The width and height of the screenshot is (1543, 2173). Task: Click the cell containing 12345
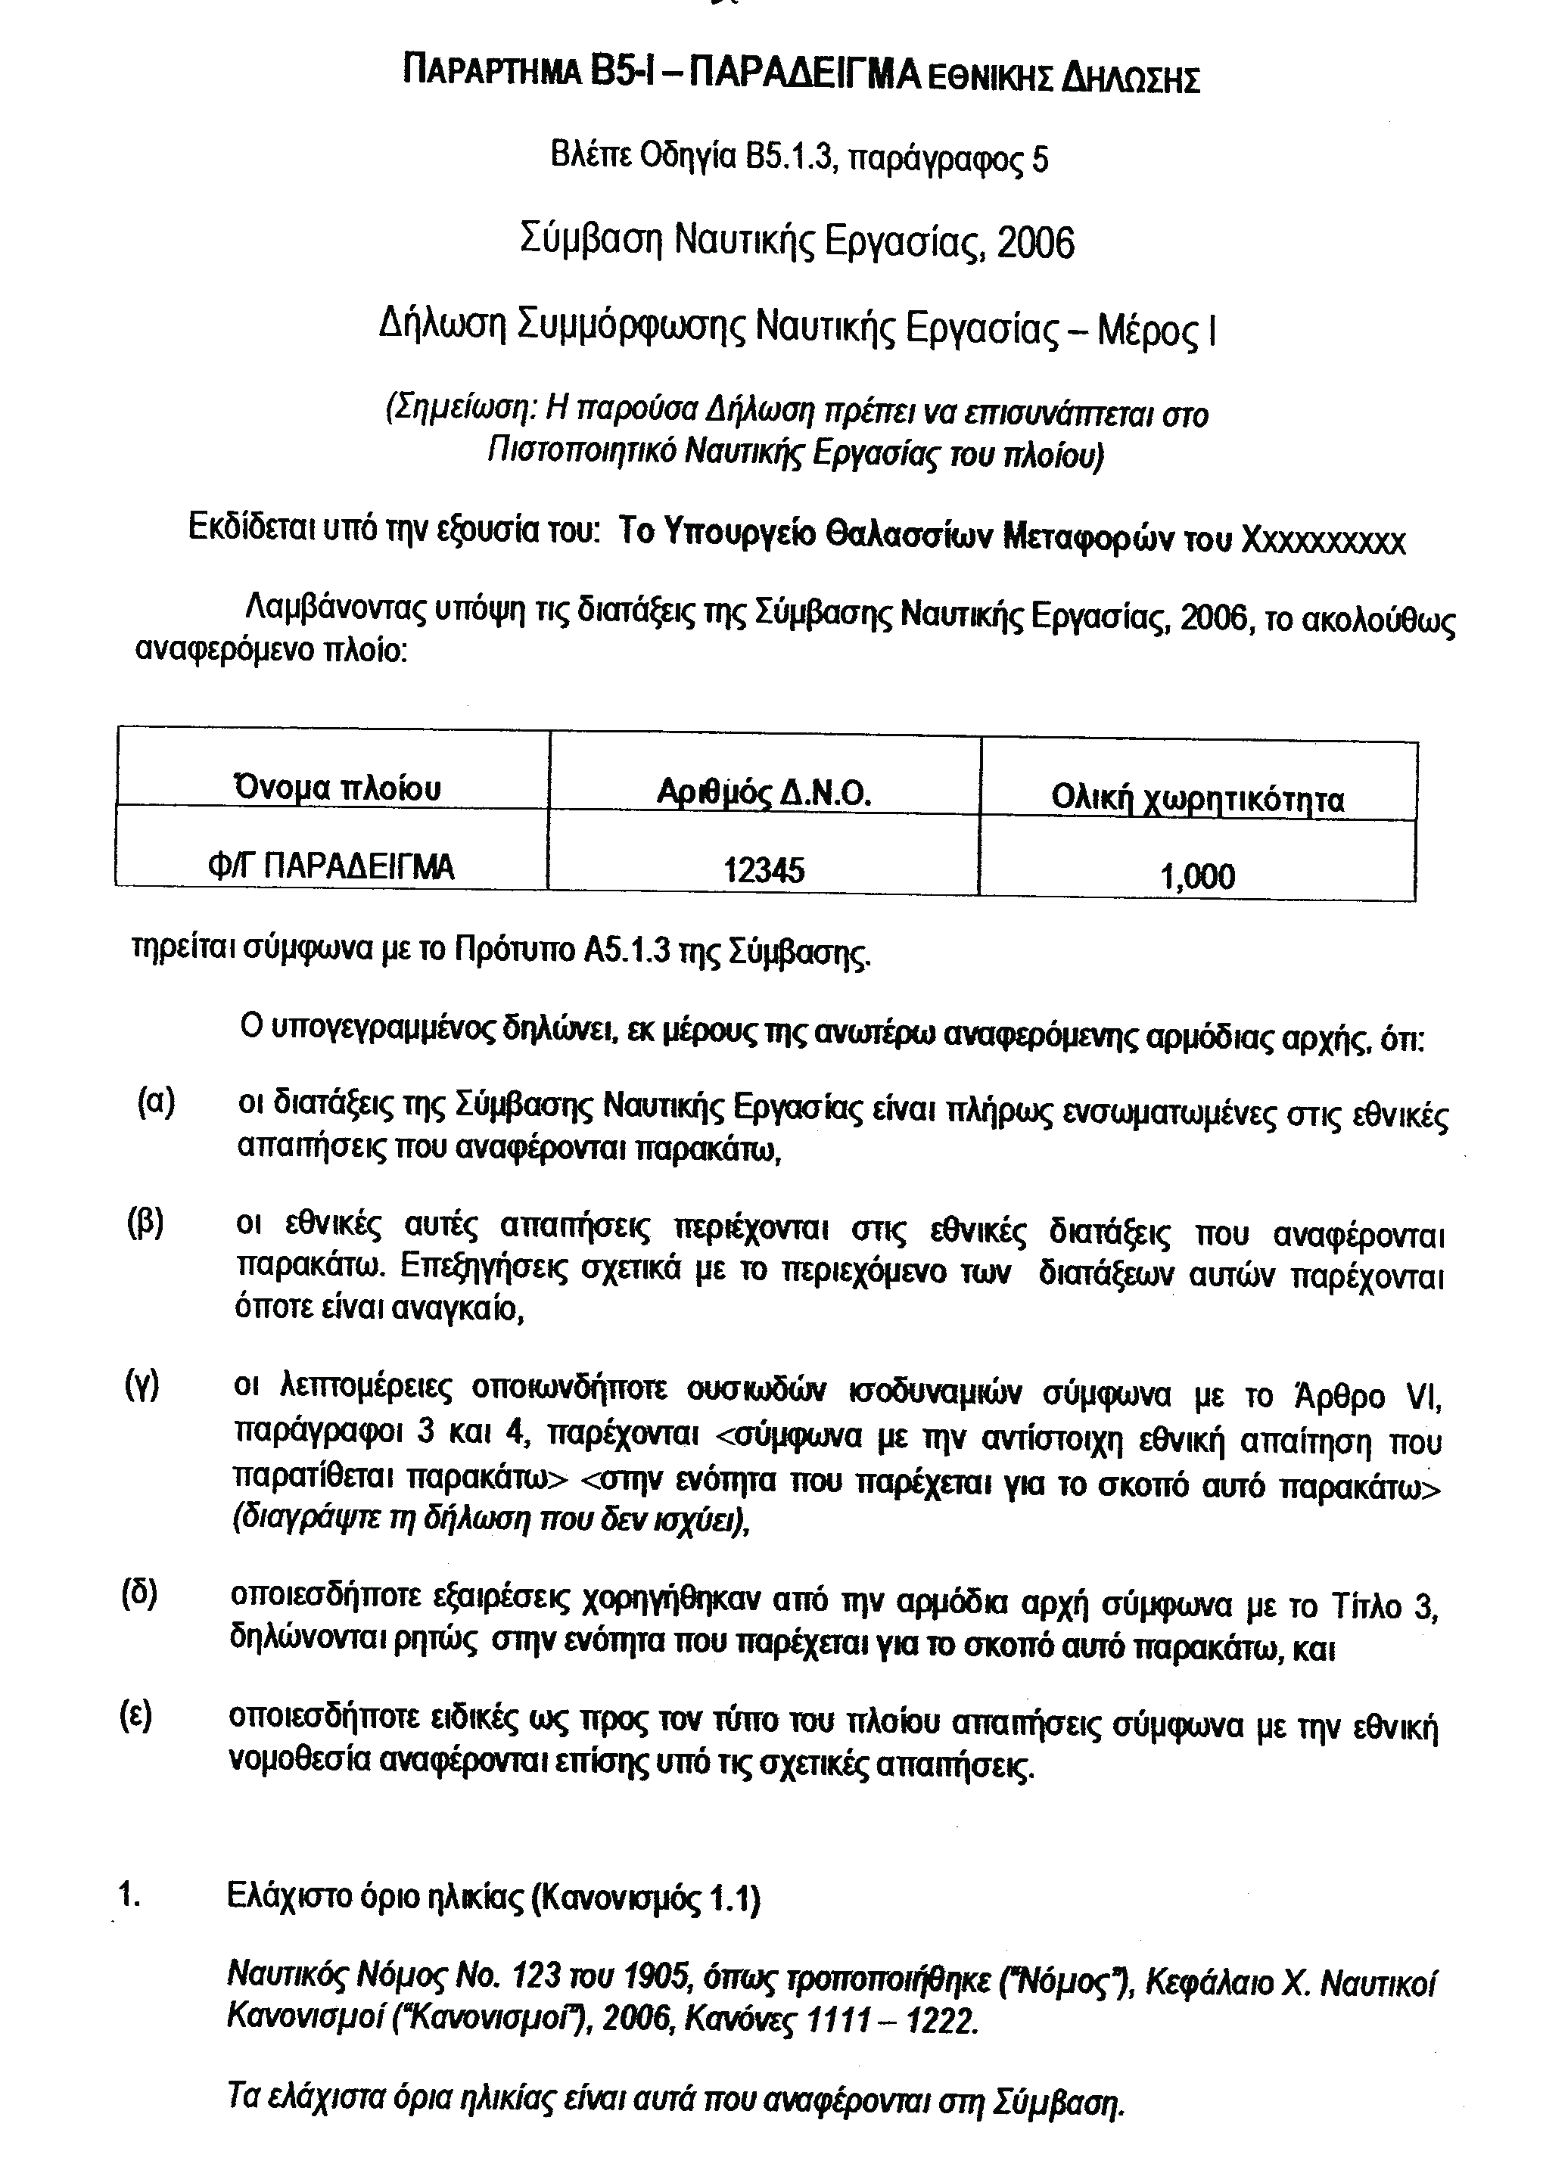[764, 868]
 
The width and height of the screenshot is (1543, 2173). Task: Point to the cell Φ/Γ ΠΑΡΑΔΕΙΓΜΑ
[332, 866]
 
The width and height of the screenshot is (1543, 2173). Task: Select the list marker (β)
[146, 1223]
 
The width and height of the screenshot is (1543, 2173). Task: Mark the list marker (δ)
[140, 1593]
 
